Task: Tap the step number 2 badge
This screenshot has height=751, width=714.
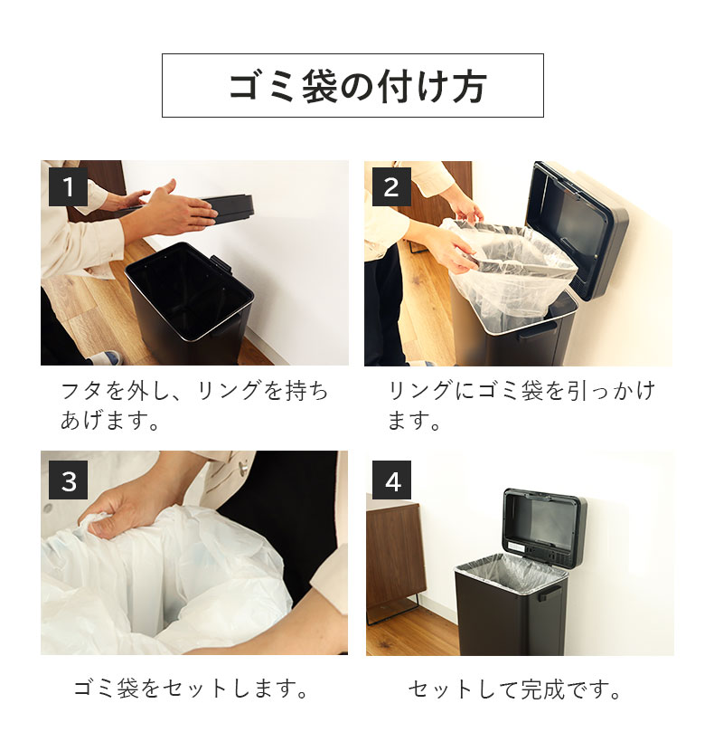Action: (391, 187)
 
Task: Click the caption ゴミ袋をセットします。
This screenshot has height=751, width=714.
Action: (192, 689)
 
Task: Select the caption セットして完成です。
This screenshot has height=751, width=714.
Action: (515, 689)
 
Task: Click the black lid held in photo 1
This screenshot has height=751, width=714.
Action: (226, 205)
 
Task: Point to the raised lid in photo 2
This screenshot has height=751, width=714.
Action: (578, 226)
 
